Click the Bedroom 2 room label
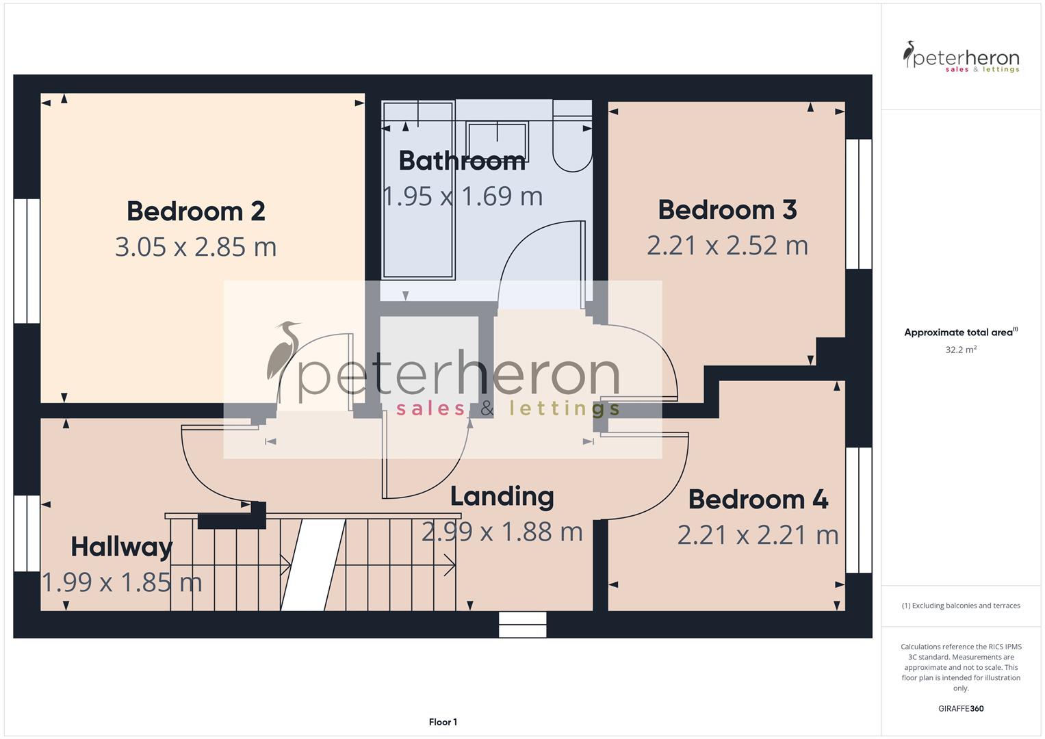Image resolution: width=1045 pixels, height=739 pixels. [x=196, y=211]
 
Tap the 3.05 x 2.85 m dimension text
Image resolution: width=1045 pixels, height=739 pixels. [x=196, y=247]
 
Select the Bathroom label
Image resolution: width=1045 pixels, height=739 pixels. [x=462, y=161]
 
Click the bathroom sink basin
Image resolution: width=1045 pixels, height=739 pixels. [x=498, y=142]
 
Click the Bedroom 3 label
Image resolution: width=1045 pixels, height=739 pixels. [x=727, y=210]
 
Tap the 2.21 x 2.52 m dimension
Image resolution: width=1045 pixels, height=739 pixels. [x=727, y=246]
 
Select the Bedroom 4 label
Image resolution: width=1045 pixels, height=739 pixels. [x=758, y=500]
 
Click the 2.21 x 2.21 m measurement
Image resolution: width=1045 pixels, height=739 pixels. [x=758, y=535]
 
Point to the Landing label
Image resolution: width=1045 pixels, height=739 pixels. [x=502, y=496]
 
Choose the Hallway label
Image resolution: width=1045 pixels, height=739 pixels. [x=122, y=547]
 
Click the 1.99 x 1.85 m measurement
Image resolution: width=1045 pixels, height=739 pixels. [x=122, y=582]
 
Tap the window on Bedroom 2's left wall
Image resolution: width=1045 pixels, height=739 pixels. [x=27, y=261]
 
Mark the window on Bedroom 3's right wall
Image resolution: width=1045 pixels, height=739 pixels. [x=859, y=204]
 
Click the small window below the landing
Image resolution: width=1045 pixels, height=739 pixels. [x=523, y=625]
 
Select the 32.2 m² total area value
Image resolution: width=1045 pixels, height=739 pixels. [x=961, y=350]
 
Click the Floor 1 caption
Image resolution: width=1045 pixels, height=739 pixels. [x=443, y=722]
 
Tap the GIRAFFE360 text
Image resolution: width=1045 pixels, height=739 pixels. [x=961, y=708]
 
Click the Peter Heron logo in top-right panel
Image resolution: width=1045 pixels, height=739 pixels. [x=961, y=57]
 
